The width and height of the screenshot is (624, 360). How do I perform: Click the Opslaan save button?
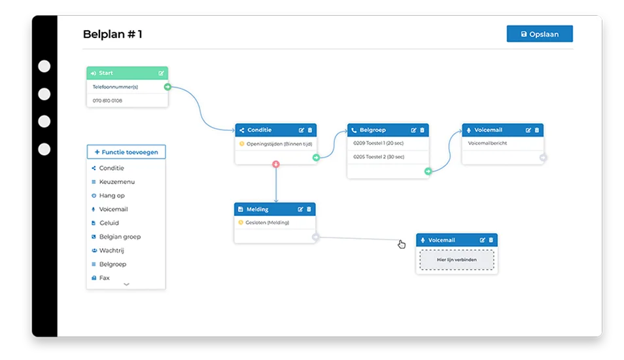[x=540, y=34]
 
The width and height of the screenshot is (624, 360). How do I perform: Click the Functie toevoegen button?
[x=126, y=152]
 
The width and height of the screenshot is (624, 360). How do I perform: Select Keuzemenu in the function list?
[x=116, y=181]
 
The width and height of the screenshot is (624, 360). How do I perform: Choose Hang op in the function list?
[x=111, y=196]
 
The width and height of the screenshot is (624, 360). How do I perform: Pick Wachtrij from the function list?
[x=111, y=251]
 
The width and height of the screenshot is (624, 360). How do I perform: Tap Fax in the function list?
[x=104, y=278]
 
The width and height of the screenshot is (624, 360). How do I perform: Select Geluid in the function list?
[x=109, y=223]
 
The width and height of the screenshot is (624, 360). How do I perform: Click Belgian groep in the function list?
[x=120, y=236]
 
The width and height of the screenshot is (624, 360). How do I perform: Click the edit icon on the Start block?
[x=161, y=73]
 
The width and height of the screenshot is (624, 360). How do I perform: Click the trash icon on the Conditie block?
[x=310, y=130]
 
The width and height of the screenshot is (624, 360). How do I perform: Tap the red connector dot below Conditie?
[x=276, y=164]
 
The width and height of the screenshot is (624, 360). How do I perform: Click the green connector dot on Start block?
[x=167, y=87]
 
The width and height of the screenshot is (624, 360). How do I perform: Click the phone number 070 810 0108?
[x=107, y=101]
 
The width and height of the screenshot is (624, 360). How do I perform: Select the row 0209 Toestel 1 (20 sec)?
[x=378, y=143]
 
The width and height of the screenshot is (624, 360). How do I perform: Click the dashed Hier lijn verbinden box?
[x=457, y=260]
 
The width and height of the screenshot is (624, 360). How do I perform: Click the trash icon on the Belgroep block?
[x=423, y=130]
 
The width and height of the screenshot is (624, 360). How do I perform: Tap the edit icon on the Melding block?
[x=300, y=209]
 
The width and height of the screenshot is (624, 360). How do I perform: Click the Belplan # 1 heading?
[x=113, y=34]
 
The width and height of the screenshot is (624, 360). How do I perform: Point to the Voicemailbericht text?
[x=487, y=143]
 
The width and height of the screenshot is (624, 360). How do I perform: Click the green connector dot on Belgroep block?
[x=428, y=171]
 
